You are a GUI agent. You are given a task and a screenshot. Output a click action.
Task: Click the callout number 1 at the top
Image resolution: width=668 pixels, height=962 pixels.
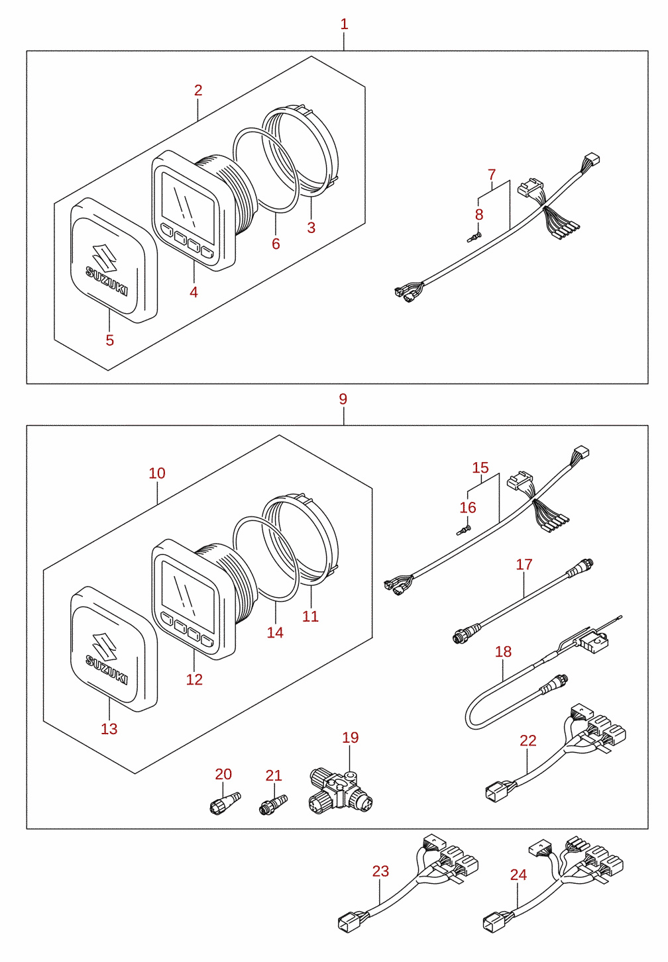[x=344, y=24]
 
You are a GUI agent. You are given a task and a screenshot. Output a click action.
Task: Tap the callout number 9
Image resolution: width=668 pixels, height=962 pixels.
[x=343, y=399]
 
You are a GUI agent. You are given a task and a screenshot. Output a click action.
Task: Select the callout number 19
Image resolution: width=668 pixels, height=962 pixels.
[x=351, y=738]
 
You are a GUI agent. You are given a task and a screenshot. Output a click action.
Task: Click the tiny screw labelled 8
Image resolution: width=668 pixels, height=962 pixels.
[x=474, y=236]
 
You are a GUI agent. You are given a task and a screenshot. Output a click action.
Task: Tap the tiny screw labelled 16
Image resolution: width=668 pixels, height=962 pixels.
[x=464, y=530]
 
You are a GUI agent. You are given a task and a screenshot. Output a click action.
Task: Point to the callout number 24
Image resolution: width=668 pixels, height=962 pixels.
[x=518, y=875]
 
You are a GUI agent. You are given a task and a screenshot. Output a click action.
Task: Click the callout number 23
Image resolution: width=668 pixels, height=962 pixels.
[x=380, y=871]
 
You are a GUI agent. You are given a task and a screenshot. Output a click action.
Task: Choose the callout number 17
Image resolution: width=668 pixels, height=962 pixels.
[x=524, y=564]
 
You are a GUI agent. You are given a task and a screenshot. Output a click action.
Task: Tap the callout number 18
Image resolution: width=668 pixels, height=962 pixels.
[x=503, y=652]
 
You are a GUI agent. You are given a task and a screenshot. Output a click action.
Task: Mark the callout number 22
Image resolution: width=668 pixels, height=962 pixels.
[x=528, y=741]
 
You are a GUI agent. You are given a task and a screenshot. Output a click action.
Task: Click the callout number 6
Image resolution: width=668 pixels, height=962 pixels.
[x=276, y=244]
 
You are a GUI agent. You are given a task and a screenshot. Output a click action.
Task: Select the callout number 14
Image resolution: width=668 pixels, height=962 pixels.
[x=275, y=632]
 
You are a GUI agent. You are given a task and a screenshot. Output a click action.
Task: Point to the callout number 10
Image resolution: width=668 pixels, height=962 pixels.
[x=157, y=473]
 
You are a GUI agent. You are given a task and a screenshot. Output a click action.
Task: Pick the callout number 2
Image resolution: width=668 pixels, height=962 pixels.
[x=197, y=91]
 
